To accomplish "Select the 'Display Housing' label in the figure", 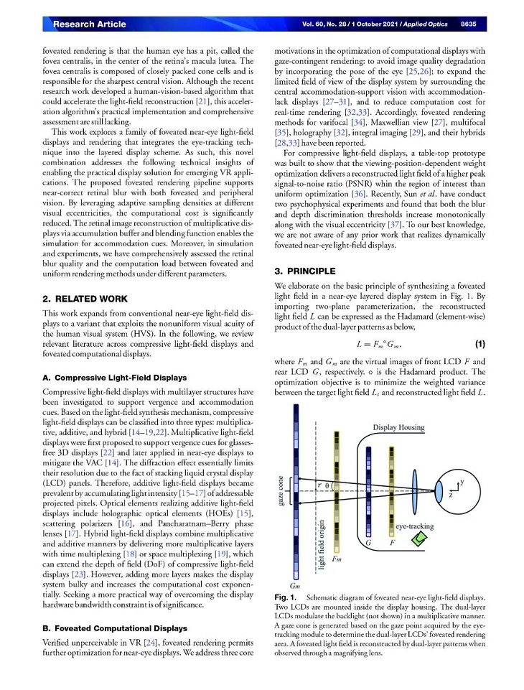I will coord(398,428).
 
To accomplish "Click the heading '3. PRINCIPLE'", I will coord(306,271).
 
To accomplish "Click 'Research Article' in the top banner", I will coord(89,24).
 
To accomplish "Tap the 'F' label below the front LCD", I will coord(392,544).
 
